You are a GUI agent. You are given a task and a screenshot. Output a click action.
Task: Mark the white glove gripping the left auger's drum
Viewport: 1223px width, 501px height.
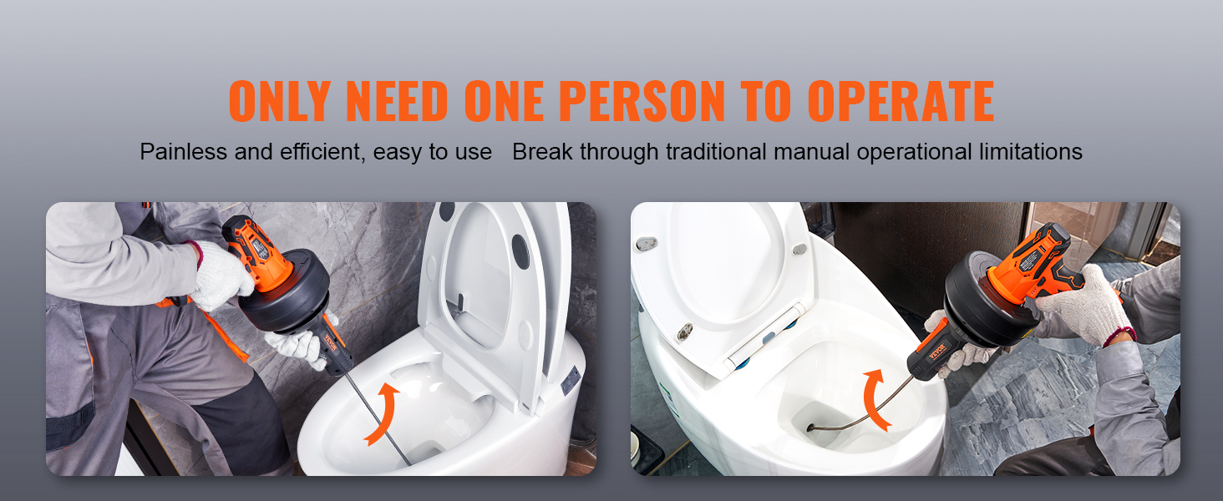[221, 276]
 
